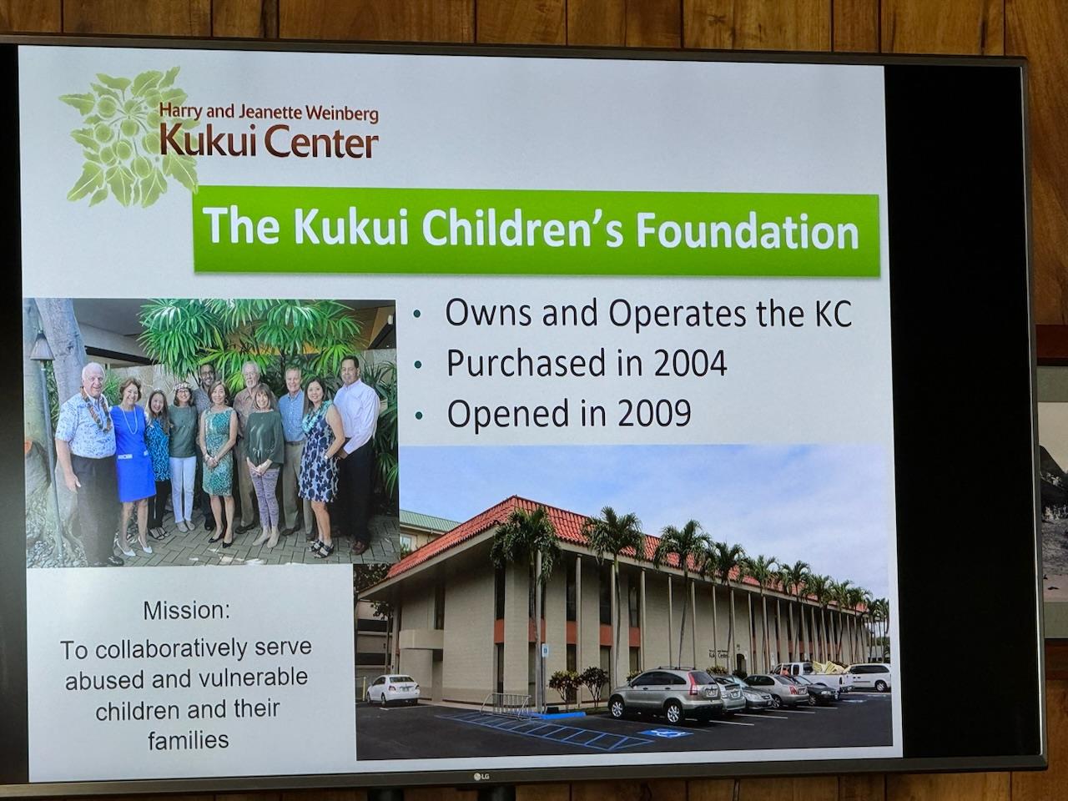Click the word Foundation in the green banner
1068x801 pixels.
(748, 233)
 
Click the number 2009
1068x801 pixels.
(653, 413)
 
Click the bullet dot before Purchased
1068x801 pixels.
(418, 365)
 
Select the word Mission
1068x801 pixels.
(186, 611)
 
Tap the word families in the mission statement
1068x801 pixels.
(189, 740)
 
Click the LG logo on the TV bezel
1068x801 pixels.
(481, 777)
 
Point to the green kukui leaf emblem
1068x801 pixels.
(128, 137)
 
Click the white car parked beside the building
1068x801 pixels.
(392, 689)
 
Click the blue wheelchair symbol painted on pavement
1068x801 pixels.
(665, 733)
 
